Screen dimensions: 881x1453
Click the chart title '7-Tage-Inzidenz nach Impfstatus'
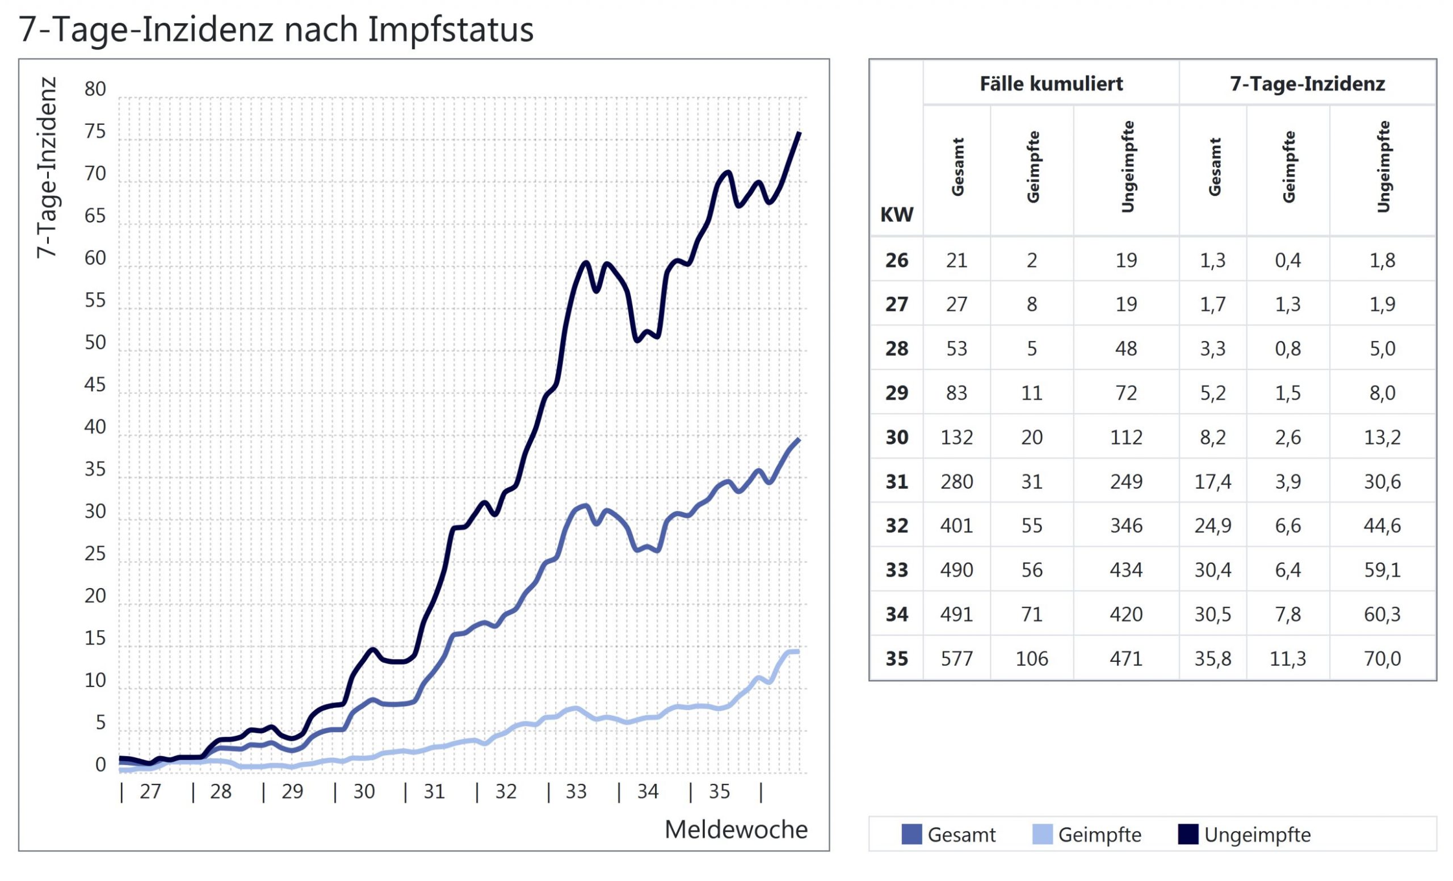(276, 30)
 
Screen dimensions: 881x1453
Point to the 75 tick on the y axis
(95, 132)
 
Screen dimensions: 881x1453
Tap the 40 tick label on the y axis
(95, 427)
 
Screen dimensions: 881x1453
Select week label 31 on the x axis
(434, 791)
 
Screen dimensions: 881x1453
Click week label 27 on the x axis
(150, 791)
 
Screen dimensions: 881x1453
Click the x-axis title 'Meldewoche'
(736, 830)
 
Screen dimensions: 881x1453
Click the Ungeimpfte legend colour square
(1187, 834)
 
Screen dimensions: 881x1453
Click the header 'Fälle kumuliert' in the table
(1051, 84)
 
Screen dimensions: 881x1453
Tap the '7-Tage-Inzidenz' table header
(1307, 84)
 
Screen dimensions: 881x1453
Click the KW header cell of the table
(896, 215)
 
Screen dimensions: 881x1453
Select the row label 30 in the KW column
(896, 437)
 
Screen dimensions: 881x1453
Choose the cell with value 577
(956, 658)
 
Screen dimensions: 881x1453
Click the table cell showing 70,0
(1382, 658)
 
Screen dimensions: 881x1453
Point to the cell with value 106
(1031, 658)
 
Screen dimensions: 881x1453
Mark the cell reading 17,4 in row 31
(1212, 482)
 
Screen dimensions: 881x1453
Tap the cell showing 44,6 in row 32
(1382, 526)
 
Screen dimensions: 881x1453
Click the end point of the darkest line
(799, 133)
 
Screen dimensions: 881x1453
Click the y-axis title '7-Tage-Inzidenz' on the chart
(47, 167)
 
